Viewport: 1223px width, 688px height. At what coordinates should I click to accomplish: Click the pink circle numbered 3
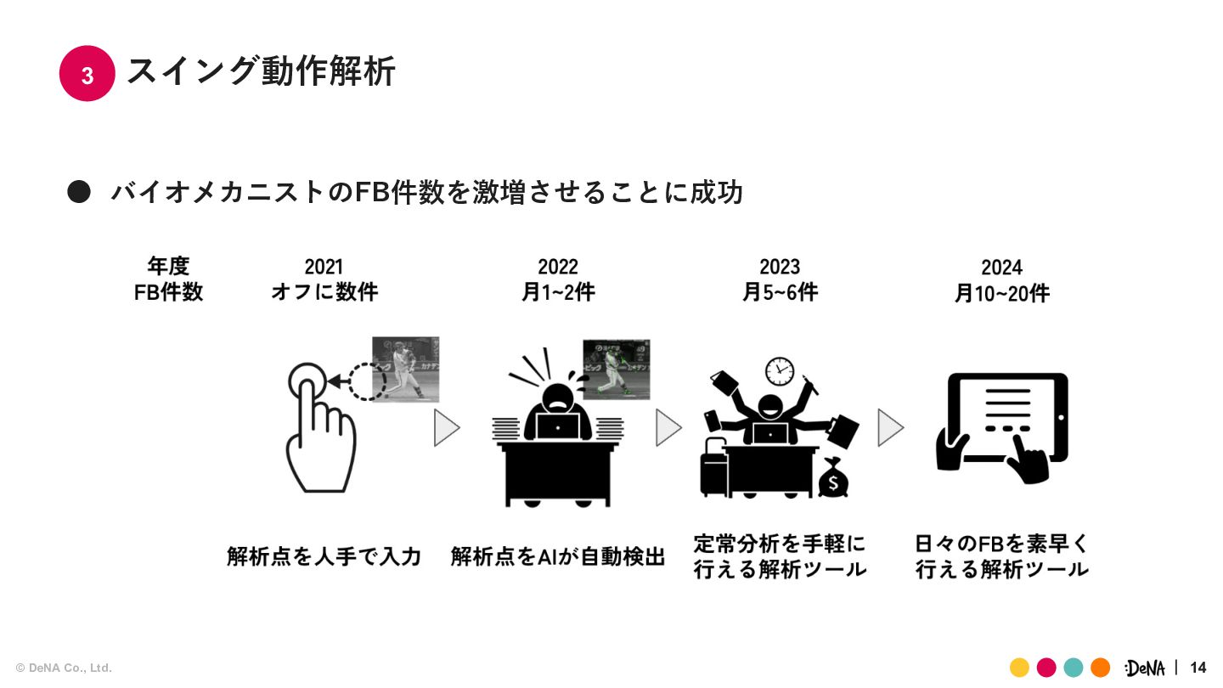87,74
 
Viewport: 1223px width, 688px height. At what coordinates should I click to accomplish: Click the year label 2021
324,268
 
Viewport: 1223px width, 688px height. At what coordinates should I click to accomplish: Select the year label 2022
558,268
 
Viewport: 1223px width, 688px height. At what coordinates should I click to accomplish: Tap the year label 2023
780,268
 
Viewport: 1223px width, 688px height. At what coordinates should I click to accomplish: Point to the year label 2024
1001,268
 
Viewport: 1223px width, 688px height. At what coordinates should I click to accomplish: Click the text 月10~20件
1001,294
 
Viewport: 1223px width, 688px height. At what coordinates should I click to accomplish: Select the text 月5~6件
780,293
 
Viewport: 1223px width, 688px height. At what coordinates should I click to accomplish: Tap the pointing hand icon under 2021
318,429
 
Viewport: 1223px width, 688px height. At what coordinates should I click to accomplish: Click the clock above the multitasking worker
779,370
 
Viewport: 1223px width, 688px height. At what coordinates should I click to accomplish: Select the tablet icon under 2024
1006,420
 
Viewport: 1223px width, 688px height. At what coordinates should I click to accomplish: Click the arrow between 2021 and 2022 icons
446,428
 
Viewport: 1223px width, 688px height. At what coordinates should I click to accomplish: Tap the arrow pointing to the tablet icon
889,427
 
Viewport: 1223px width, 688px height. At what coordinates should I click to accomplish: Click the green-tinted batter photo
616,369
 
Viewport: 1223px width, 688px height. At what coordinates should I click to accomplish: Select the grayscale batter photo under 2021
405,368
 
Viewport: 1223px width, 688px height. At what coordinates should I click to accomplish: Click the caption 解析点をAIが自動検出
558,557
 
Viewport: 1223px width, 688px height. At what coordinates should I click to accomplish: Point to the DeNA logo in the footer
1145,668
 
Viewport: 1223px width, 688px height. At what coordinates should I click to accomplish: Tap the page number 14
1198,668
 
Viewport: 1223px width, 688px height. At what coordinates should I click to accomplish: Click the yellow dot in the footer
1019,668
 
